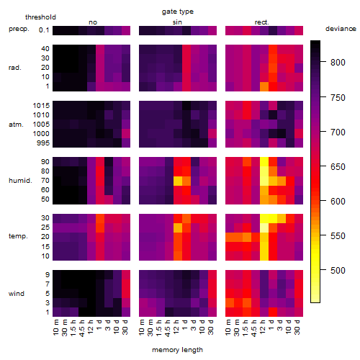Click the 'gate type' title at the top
(x=178, y=12)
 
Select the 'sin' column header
(x=177, y=22)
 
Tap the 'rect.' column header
(x=261, y=22)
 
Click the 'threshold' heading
(x=40, y=17)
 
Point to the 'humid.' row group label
(x=20, y=181)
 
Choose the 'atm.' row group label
(x=16, y=125)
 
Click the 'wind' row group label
(x=17, y=294)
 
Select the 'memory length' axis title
(x=177, y=350)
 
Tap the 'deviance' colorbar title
(x=341, y=29)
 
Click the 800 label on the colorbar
(x=338, y=63)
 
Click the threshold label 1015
(x=41, y=106)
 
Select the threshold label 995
(x=43, y=143)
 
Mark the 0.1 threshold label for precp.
(x=44, y=30)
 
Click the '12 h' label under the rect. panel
(x=263, y=327)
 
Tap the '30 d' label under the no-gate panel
(x=125, y=327)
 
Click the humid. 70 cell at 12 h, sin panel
(x=178, y=181)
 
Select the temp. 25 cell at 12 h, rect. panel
(x=264, y=228)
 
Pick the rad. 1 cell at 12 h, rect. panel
(x=264, y=86)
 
